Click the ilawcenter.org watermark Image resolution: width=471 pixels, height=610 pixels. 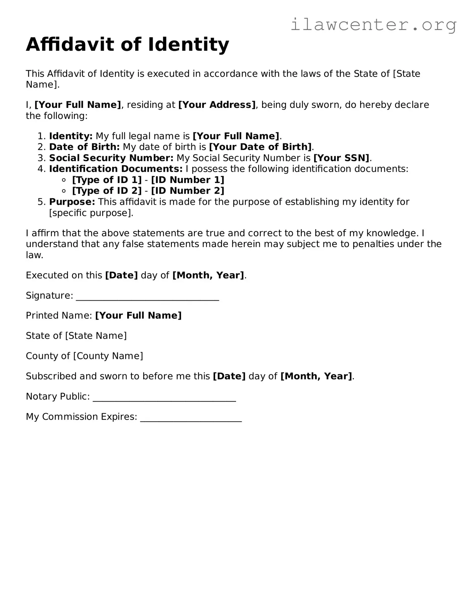pyautogui.click(x=373, y=25)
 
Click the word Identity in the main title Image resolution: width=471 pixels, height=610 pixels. pyautogui.click(x=189, y=44)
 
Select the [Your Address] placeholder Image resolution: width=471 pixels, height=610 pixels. pyautogui.click(x=217, y=105)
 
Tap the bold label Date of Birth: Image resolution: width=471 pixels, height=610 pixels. pyautogui.click(x=84, y=147)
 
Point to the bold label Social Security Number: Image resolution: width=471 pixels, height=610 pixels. pyautogui.click(x=111, y=158)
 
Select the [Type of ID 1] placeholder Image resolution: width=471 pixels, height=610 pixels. pyautogui.click(x=107, y=180)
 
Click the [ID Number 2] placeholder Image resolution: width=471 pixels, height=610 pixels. pyautogui.click(x=188, y=191)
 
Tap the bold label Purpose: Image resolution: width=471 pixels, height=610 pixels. pyautogui.click(x=72, y=202)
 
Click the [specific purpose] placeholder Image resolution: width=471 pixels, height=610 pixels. pyautogui.click(x=91, y=213)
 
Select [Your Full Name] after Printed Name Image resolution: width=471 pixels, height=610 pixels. pyautogui.click(x=138, y=316)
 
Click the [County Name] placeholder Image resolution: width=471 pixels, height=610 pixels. pyautogui.click(x=108, y=356)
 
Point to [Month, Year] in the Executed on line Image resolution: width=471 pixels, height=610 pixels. pyautogui.click(x=208, y=275)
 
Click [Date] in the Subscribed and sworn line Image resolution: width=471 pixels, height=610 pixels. pyautogui.click(x=229, y=376)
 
